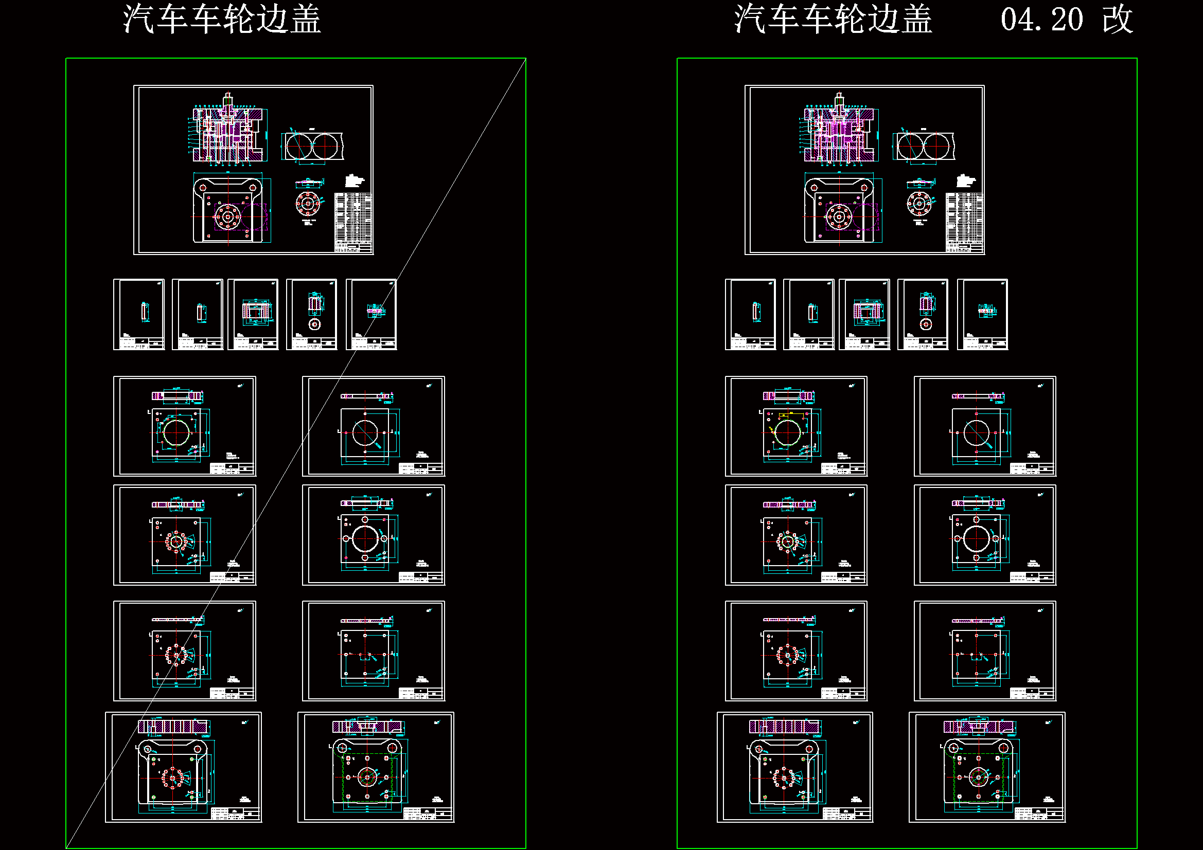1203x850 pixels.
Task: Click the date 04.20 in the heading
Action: (1041, 20)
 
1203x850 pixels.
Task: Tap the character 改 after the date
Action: (1117, 20)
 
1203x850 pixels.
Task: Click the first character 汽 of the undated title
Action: (139, 20)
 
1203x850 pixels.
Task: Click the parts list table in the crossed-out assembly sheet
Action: (353, 223)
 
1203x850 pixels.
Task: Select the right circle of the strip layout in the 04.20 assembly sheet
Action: (935, 146)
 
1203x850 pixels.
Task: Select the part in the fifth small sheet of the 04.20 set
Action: (986, 311)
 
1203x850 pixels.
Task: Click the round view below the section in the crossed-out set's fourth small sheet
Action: (314, 324)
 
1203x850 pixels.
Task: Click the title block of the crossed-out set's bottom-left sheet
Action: (235, 813)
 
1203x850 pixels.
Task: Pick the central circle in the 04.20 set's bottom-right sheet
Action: (978, 777)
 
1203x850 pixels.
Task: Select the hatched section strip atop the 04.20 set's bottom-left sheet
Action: (785, 727)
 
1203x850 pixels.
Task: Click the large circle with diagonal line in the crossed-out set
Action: (365, 432)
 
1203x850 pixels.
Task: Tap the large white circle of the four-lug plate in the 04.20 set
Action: (977, 539)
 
